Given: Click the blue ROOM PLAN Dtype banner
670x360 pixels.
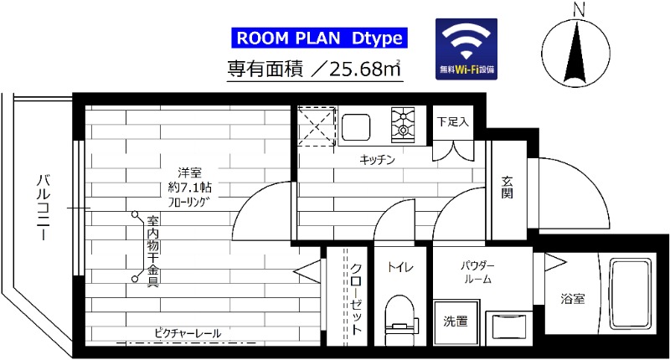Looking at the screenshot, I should click(317, 38).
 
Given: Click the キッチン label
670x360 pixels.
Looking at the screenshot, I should click(377, 159).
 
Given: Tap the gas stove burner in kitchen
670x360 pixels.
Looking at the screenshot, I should click(406, 125).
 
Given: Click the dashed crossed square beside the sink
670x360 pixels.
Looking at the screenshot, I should click(316, 126).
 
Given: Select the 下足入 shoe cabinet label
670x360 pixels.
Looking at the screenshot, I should click(452, 121).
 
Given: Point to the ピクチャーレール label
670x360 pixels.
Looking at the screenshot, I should click(188, 333).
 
